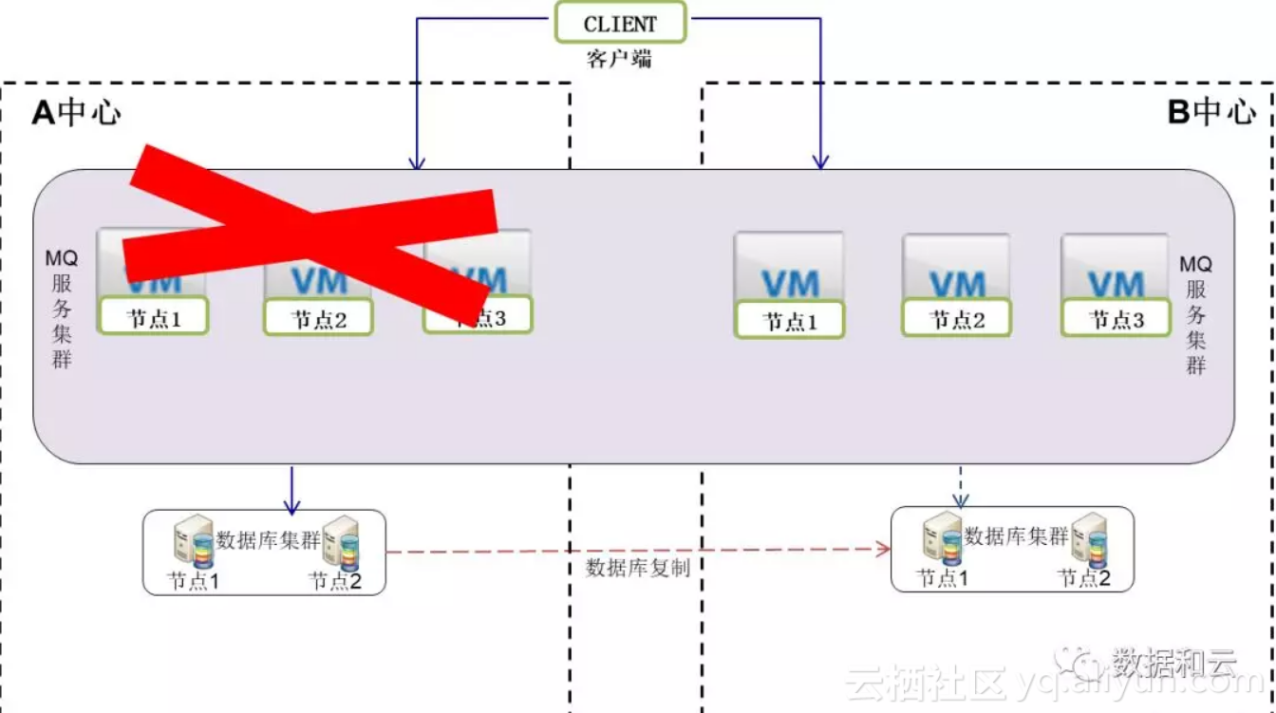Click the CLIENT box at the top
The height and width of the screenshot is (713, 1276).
[x=620, y=23]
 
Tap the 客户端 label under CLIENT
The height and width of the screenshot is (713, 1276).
[x=619, y=58]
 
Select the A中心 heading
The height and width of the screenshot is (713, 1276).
[x=76, y=113]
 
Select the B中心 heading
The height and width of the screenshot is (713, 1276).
[x=1210, y=112]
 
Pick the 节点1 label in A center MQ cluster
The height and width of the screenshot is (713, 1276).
[x=153, y=318]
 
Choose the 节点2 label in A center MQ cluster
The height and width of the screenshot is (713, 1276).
[x=318, y=319]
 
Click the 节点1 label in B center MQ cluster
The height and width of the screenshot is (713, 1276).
[x=789, y=322]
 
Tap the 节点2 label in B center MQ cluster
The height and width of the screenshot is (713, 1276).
[x=956, y=320]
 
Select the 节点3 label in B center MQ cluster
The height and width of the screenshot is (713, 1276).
[x=1116, y=319]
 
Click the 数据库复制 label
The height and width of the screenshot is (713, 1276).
[x=637, y=568]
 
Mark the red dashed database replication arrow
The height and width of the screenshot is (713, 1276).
[x=636, y=549]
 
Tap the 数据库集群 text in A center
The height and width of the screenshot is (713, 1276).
[x=269, y=540]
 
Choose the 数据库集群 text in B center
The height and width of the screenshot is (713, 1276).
[x=1016, y=536]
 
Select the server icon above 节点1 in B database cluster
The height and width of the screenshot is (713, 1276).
[x=943, y=538]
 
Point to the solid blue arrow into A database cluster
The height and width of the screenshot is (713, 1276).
[x=293, y=489]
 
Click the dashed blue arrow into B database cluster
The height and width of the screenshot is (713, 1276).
[x=961, y=486]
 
